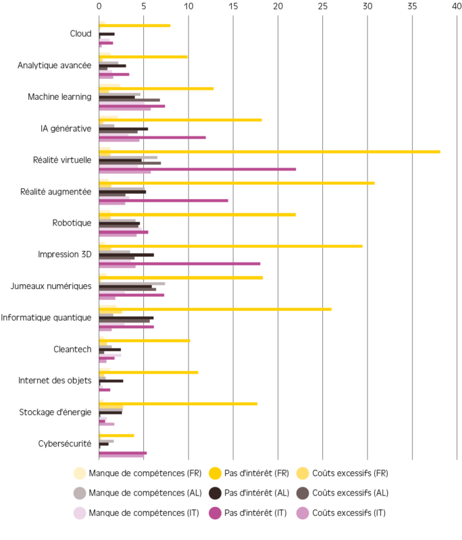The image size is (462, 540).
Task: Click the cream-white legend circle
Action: [80, 473]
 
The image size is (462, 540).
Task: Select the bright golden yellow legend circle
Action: [215, 473]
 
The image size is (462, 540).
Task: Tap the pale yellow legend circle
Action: [303, 473]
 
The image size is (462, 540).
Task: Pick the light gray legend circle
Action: [80, 493]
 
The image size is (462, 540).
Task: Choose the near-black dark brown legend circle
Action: [215, 493]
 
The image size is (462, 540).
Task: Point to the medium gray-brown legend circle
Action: [303, 493]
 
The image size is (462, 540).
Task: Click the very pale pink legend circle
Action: [80, 514]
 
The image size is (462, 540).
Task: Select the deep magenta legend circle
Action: [215, 514]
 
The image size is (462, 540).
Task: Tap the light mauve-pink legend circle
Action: [303, 514]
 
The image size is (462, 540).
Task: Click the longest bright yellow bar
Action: [270, 152]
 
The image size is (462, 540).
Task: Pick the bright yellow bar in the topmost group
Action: [135, 26]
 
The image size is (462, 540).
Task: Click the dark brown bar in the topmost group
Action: [108, 34]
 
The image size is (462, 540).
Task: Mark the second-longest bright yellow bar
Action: [237, 183]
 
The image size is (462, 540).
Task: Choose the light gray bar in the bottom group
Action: [107, 441]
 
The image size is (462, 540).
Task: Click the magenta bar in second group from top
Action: [114, 74]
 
